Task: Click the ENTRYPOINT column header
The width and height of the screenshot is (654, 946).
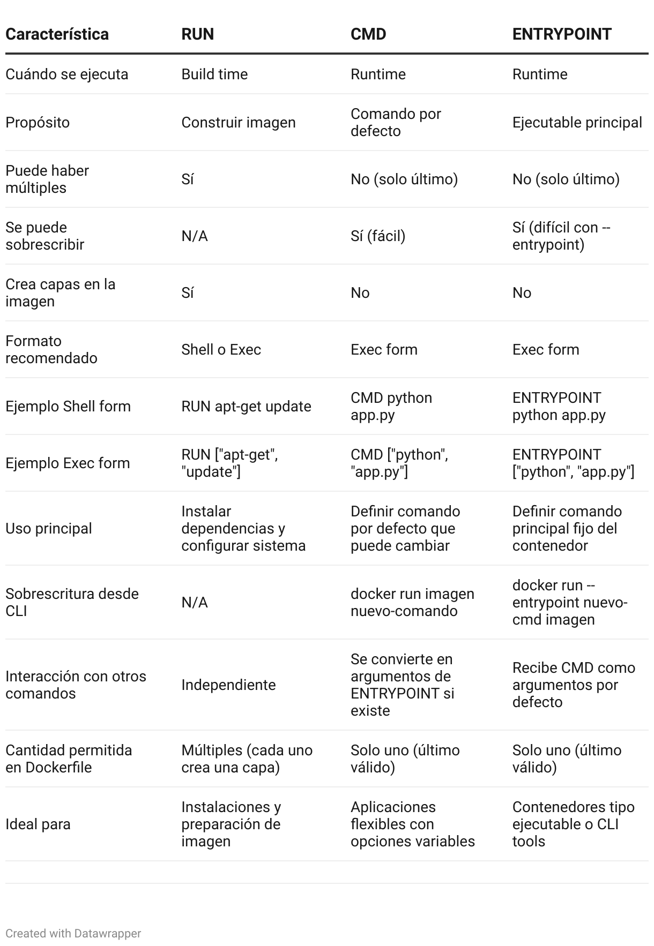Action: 561,34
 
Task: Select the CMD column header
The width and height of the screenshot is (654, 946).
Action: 368,34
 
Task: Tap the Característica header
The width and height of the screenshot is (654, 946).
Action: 57,34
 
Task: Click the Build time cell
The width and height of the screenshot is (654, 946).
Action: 214,74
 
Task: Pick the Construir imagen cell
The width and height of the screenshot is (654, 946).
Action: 238,123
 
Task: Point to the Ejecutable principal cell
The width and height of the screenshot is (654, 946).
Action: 577,123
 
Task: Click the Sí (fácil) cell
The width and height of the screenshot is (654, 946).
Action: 377,236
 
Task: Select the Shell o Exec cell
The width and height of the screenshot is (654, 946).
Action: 221,350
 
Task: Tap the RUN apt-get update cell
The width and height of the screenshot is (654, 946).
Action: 246,407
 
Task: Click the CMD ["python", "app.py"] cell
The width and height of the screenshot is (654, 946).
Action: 399,463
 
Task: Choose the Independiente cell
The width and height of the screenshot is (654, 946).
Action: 228,685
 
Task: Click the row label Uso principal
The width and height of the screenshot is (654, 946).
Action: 49,529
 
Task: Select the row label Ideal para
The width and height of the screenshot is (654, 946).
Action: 38,824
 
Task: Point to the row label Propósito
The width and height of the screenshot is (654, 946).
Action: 38,123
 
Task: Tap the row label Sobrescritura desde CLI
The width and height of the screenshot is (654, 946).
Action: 72,603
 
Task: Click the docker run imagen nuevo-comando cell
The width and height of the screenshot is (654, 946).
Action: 412,603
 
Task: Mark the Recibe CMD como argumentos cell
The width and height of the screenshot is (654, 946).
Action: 573,685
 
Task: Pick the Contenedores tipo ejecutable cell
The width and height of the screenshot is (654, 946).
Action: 573,824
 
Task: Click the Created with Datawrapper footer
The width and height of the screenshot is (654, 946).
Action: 73,934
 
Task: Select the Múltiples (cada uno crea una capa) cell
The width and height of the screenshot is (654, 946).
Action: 247,759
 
